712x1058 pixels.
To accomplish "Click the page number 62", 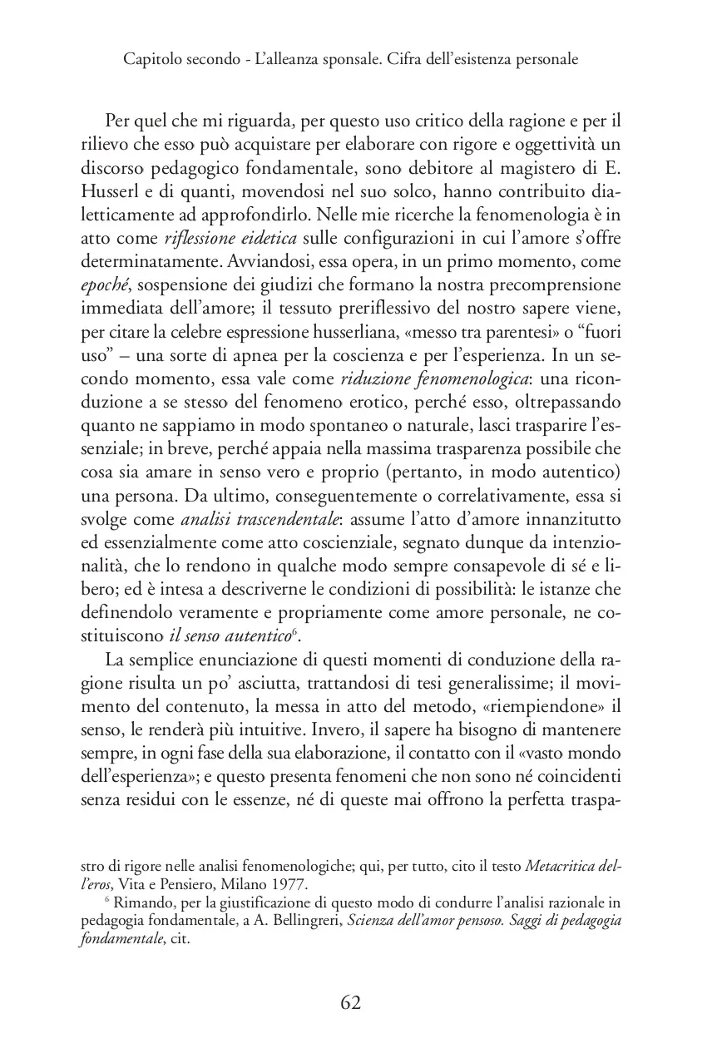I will click(x=350, y=1002).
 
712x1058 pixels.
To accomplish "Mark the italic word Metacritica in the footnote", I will click(x=561, y=865).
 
